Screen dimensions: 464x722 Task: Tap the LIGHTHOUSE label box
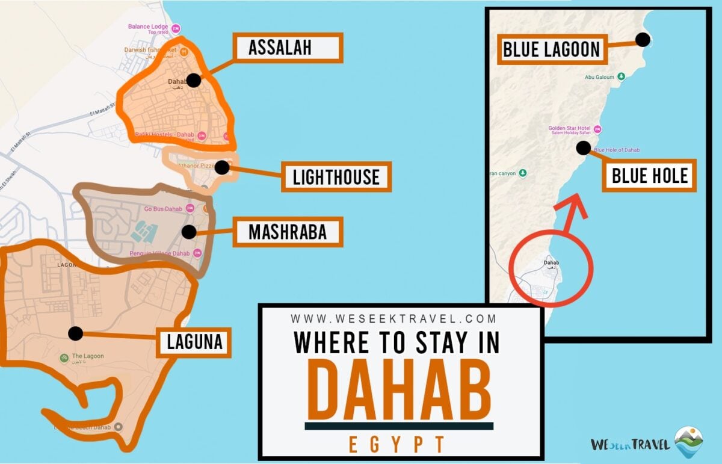(x=336, y=177)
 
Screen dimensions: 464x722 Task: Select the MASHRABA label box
(x=288, y=232)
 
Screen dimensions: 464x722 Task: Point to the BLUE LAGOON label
(x=552, y=49)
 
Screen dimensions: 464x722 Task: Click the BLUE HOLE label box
(x=649, y=176)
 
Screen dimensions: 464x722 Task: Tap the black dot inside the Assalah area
(x=193, y=81)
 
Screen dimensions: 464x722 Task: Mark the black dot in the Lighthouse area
(x=222, y=167)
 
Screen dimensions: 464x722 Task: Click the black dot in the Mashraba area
(x=189, y=232)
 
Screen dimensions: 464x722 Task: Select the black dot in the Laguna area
(x=75, y=333)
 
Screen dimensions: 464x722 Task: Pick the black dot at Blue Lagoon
(x=643, y=40)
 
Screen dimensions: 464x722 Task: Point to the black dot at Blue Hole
(x=582, y=147)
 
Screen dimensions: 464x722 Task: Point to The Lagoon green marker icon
(x=64, y=358)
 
